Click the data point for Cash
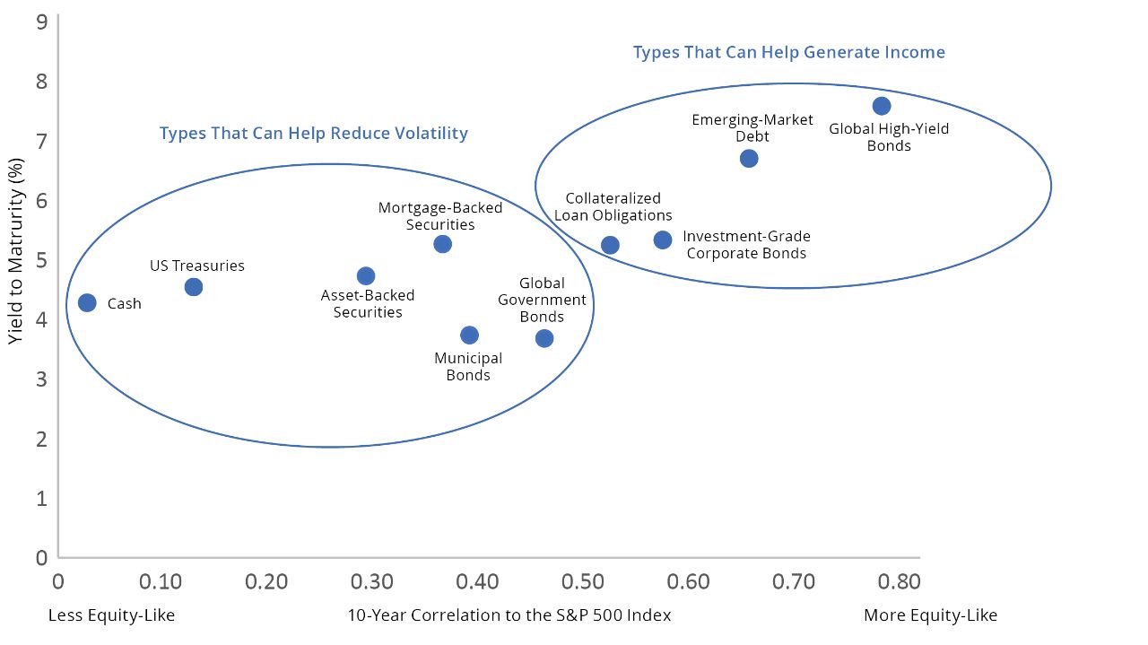pyautogui.click(x=87, y=302)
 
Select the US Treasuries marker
pyautogui.click(x=194, y=287)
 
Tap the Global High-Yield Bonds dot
pyautogui.click(x=882, y=106)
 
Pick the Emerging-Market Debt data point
pyautogui.click(x=749, y=159)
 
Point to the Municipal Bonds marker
pyautogui.click(x=469, y=336)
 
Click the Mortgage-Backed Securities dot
pyautogui.click(x=442, y=244)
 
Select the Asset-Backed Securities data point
pyautogui.click(x=366, y=276)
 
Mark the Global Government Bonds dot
pyautogui.click(x=544, y=338)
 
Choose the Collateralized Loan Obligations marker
pyautogui.click(x=610, y=246)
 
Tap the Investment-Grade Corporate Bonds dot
pyautogui.click(x=663, y=240)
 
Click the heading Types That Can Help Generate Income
pyautogui.click(x=788, y=52)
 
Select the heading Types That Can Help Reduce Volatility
pyautogui.click(x=314, y=134)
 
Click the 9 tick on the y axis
pyautogui.click(x=41, y=22)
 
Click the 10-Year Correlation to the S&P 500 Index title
pyautogui.click(x=509, y=615)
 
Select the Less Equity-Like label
pyautogui.click(x=111, y=615)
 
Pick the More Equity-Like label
pyautogui.click(x=930, y=615)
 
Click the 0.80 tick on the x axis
pyautogui.click(x=898, y=582)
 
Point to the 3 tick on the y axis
pyautogui.click(x=41, y=379)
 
